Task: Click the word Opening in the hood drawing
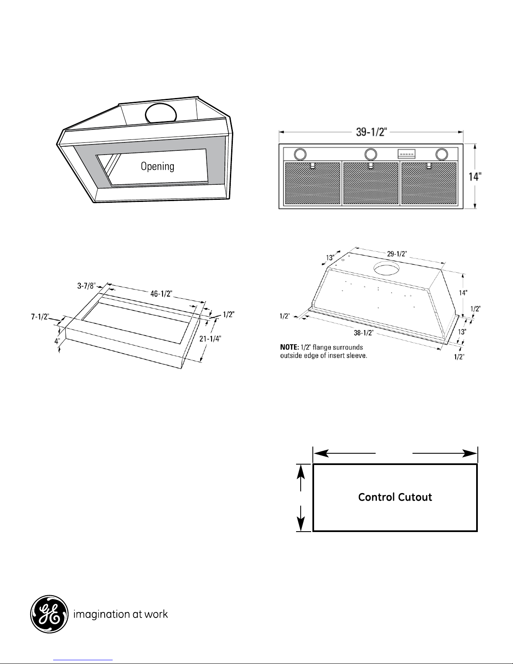pyautogui.click(x=157, y=167)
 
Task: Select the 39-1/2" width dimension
pyautogui.click(x=371, y=132)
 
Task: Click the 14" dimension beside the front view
pyautogui.click(x=475, y=177)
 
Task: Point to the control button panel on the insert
pyautogui.click(x=407, y=154)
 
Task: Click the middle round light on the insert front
pyautogui.click(x=370, y=154)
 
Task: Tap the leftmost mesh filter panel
pyautogui.click(x=312, y=183)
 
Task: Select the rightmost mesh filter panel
pyautogui.click(x=429, y=183)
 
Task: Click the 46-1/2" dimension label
pyautogui.click(x=161, y=294)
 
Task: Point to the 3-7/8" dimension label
pyautogui.click(x=86, y=286)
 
